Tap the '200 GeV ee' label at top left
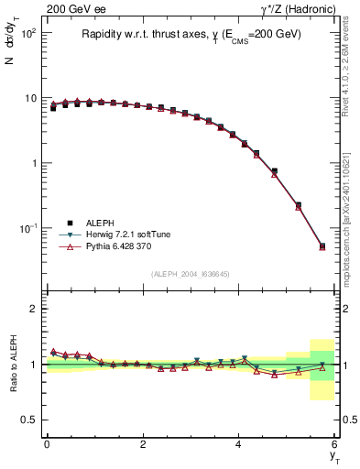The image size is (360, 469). [72, 9]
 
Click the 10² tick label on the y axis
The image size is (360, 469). [27, 33]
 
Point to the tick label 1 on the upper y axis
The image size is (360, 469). [34, 163]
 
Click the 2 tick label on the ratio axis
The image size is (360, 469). [34, 310]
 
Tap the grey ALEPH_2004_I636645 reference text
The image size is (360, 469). [191, 273]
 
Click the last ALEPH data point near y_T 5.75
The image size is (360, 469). [322, 245]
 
